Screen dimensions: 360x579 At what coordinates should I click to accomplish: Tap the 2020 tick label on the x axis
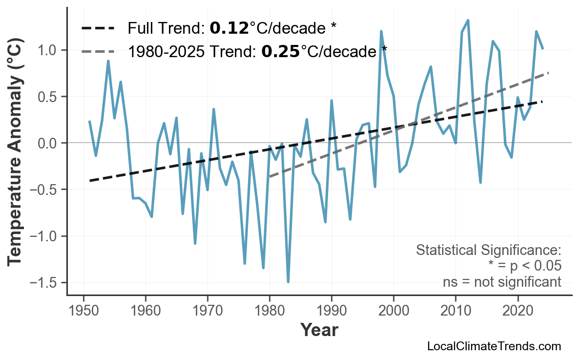tap(517, 311)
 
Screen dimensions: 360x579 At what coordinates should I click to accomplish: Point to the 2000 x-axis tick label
tap(393, 311)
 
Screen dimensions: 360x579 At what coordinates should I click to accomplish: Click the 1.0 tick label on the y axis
tap(49, 50)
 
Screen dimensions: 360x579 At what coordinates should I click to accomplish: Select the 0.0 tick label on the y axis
tap(49, 143)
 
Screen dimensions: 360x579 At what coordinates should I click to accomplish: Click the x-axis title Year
tap(319, 330)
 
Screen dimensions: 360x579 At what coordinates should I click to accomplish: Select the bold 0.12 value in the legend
tap(229, 28)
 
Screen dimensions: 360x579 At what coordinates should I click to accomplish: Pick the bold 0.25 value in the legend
tap(280, 51)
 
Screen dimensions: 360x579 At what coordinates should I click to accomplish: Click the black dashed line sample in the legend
tap(98, 28)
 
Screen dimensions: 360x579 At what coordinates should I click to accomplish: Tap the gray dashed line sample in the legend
tap(98, 51)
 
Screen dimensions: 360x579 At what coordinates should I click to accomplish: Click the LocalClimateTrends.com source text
tap(494, 346)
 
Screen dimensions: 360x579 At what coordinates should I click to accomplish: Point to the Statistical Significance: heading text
tap(488, 251)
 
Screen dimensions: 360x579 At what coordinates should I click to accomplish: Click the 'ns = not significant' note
tap(502, 282)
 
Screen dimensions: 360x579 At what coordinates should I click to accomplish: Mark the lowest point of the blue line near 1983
tap(288, 282)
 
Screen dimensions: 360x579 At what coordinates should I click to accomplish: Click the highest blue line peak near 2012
tap(468, 21)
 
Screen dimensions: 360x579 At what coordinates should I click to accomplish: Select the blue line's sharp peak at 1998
tap(381, 31)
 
